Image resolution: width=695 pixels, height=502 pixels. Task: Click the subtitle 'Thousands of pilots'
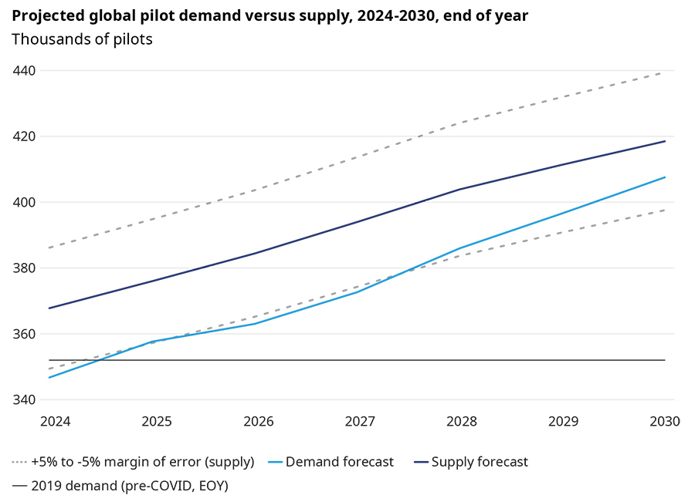82,39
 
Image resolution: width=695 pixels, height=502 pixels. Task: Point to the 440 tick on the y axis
25,71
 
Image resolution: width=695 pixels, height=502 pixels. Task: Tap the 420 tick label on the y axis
25,136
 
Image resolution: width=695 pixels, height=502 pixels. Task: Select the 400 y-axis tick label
25,202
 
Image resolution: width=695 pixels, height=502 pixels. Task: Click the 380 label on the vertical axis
25,268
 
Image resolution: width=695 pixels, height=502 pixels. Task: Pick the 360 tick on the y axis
25,334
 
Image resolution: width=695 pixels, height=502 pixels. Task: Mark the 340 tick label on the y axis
25,399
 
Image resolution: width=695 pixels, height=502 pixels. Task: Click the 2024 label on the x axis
55,422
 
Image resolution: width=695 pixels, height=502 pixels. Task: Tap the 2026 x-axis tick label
259,422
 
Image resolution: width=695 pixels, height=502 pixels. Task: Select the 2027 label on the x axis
360,422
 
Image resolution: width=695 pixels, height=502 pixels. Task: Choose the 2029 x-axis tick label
564,422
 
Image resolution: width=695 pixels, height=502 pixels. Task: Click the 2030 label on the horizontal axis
665,422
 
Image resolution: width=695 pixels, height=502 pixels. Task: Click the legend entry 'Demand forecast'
339,462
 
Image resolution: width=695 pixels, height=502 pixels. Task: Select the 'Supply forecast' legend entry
480,462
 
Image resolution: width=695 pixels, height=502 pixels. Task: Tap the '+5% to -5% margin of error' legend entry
142,462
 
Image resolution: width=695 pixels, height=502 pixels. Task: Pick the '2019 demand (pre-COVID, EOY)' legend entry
129,486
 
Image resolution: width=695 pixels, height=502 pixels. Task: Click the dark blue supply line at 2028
462,189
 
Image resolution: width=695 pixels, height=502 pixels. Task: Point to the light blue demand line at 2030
665,177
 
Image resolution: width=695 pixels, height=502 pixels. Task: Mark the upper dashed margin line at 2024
49,248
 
